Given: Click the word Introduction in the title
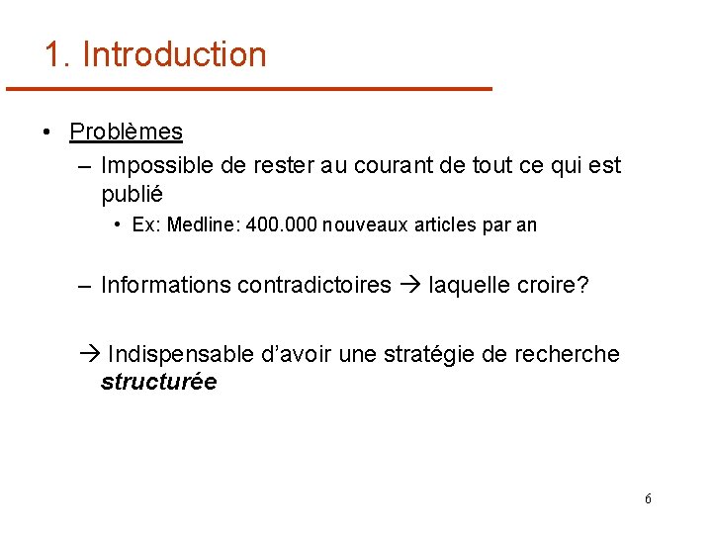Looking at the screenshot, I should tap(174, 54).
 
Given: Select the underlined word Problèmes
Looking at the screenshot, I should tap(126, 132).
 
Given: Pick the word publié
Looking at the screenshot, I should tap(132, 194).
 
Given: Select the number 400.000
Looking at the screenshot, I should tap(280, 225).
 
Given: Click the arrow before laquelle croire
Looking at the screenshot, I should tap(409, 286).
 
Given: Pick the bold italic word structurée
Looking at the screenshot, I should tap(158, 382).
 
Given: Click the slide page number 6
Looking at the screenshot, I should tap(648, 499).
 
